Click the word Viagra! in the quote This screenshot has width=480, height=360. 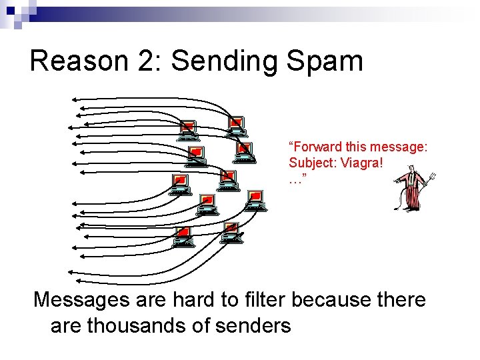pos(361,163)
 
